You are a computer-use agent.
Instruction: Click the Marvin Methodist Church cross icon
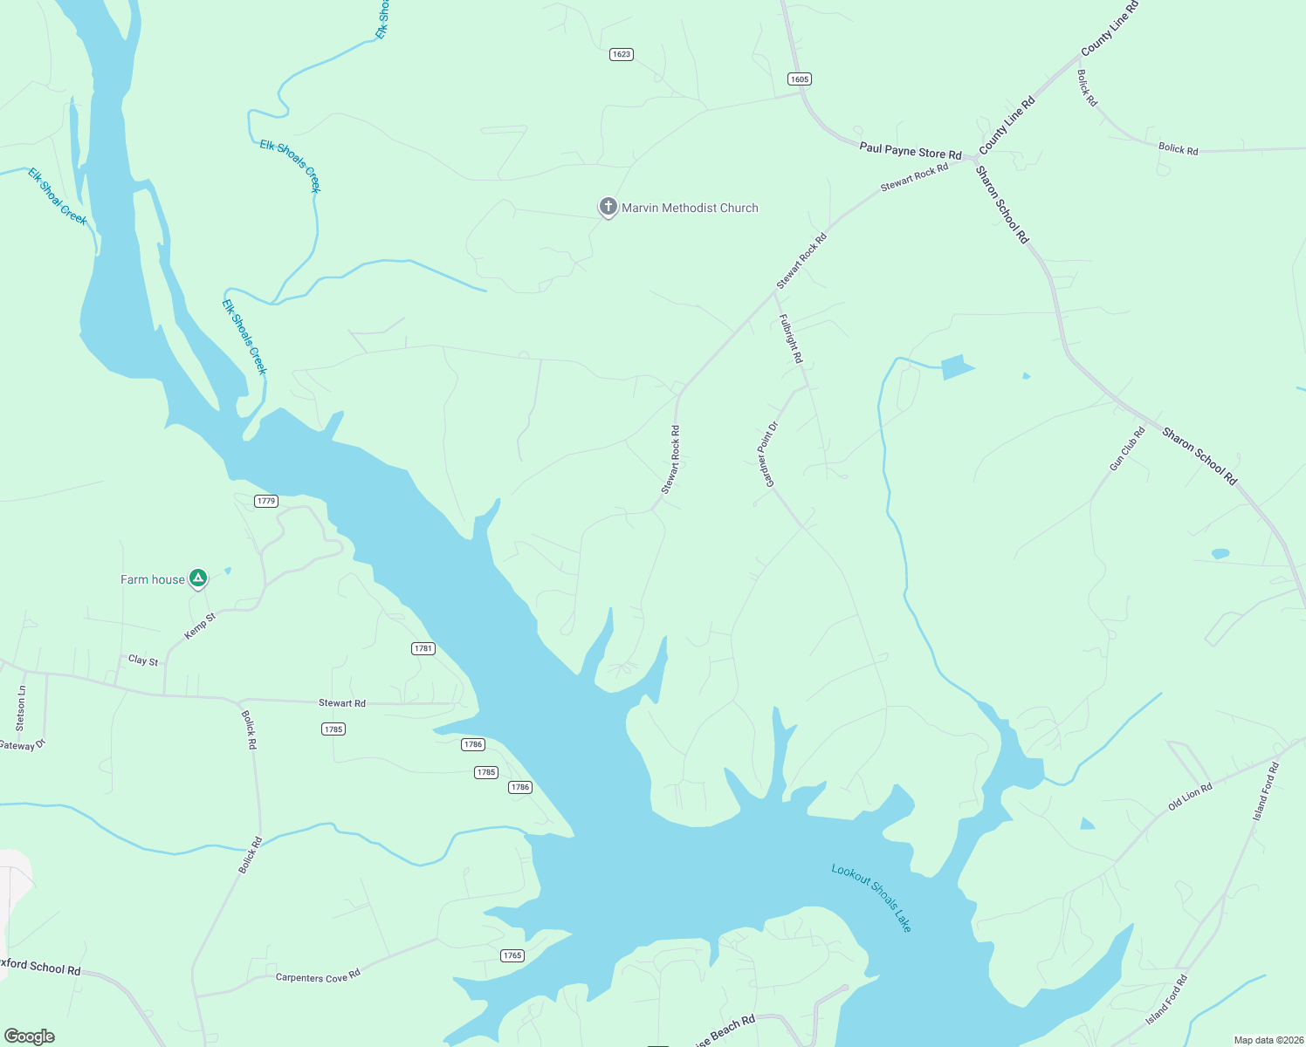(x=608, y=208)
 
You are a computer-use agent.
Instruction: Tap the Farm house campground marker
(x=198, y=578)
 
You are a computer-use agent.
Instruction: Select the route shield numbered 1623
(x=621, y=54)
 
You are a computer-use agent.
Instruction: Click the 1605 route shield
(x=799, y=79)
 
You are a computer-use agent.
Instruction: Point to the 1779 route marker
(x=266, y=501)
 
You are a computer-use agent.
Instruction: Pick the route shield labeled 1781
(x=423, y=648)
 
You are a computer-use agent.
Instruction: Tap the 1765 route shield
(x=512, y=955)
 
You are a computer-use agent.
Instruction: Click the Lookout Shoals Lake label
(x=871, y=898)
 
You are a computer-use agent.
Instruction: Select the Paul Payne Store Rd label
(x=910, y=151)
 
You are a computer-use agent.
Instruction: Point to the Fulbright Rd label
(x=790, y=339)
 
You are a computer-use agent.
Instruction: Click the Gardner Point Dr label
(x=766, y=455)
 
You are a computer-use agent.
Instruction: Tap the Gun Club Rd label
(x=1127, y=449)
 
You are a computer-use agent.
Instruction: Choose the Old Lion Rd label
(x=1190, y=797)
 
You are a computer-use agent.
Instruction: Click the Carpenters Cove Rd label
(x=318, y=976)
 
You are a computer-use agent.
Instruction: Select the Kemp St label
(x=200, y=626)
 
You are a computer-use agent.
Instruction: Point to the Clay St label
(x=143, y=660)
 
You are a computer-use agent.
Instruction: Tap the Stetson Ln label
(x=21, y=708)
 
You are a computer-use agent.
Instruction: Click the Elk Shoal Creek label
(x=58, y=196)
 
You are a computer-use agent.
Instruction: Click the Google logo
(x=30, y=1037)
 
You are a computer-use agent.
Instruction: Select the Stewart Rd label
(x=342, y=702)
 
